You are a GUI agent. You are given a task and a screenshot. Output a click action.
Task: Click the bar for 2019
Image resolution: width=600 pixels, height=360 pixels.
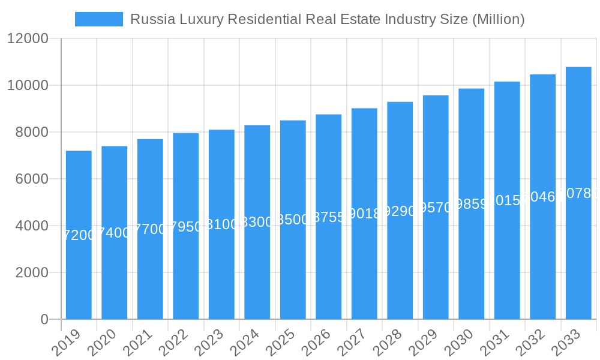(x=79, y=235)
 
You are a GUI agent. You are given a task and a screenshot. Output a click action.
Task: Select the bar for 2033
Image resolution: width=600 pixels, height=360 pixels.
(x=578, y=193)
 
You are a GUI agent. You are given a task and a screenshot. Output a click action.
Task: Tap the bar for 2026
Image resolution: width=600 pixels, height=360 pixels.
(x=328, y=217)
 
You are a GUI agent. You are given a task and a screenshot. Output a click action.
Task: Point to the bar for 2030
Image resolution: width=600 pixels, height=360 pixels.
(x=471, y=203)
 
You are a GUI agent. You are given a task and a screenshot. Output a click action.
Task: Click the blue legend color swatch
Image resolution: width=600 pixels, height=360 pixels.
(x=98, y=19)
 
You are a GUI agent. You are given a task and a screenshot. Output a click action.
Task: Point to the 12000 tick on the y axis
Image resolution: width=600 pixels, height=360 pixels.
(x=28, y=38)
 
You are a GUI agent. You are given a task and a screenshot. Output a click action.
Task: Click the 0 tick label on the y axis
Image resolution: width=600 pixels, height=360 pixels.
(x=44, y=319)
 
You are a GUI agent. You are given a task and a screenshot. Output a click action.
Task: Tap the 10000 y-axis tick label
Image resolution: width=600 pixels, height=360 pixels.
(x=28, y=85)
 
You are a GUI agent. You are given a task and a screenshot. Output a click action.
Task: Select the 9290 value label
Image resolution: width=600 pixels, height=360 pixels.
(x=400, y=211)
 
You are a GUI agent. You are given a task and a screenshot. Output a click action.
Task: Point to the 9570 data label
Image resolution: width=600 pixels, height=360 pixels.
(x=436, y=208)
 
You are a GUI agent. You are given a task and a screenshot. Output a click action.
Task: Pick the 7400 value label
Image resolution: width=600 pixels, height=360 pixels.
(x=114, y=233)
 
